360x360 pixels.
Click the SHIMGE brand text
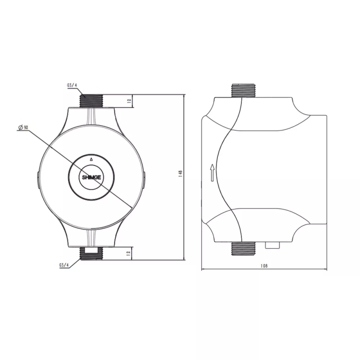[91, 177]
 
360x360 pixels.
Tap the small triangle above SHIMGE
[91, 159]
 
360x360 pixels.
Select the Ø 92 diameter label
[23, 128]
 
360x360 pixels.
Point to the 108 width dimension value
[264, 265]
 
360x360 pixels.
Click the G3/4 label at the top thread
[72, 84]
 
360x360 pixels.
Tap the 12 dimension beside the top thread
[129, 102]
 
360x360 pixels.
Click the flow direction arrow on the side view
[212, 172]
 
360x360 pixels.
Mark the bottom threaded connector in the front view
[92, 253]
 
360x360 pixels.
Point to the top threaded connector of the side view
[243, 90]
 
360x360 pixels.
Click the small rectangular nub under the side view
[272, 245]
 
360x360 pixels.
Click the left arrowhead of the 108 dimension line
[203, 270]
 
